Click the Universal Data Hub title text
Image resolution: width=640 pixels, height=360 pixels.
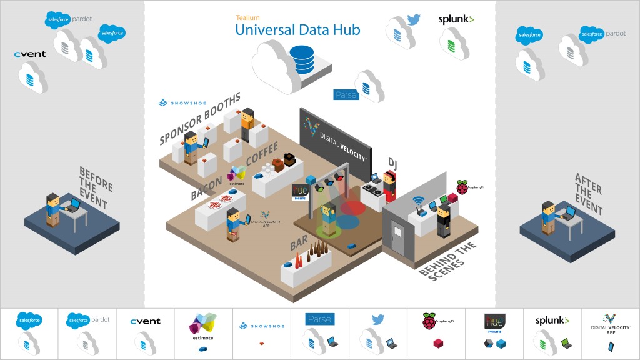click(297, 29)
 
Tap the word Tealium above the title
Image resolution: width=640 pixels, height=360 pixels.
click(247, 18)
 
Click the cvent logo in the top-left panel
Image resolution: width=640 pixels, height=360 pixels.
click(30, 54)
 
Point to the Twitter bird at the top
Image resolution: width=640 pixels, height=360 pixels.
click(414, 19)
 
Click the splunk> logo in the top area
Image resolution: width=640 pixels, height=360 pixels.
click(456, 20)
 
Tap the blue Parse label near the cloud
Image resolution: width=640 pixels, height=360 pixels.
click(346, 95)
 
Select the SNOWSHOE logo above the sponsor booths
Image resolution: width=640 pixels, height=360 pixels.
click(181, 102)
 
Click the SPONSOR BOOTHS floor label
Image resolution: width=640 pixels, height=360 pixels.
click(199, 118)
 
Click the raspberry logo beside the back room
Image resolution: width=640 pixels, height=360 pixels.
click(462, 187)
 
